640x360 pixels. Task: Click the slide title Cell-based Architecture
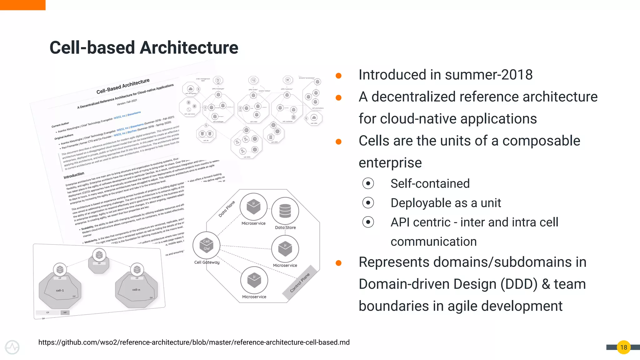pyautogui.click(x=144, y=47)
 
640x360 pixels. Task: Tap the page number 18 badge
pyautogui.click(x=623, y=347)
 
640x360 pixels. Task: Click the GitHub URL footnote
pyautogui.click(x=194, y=342)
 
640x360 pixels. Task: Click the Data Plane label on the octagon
pyautogui.click(x=227, y=209)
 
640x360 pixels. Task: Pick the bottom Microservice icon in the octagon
pyautogui.click(x=254, y=280)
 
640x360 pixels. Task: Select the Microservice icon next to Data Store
pyautogui.click(x=253, y=207)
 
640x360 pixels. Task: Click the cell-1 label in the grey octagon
pyautogui.click(x=60, y=290)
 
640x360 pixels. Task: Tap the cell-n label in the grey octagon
pyautogui.click(x=136, y=290)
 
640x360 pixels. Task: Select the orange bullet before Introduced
pyautogui.click(x=338, y=76)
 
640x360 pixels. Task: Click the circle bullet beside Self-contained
pyautogui.click(x=368, y=183)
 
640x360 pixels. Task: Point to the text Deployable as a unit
pyautogui.click(x=446, y=203)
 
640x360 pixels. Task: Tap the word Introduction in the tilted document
pyautogui.click(x=74, y=175)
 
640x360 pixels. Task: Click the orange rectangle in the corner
pyautogui.click(x=22, y=5)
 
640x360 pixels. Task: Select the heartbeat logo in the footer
pyautogui.click(x=12, y=347)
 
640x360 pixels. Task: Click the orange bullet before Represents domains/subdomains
pyautogui.click(x=338, y=263)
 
